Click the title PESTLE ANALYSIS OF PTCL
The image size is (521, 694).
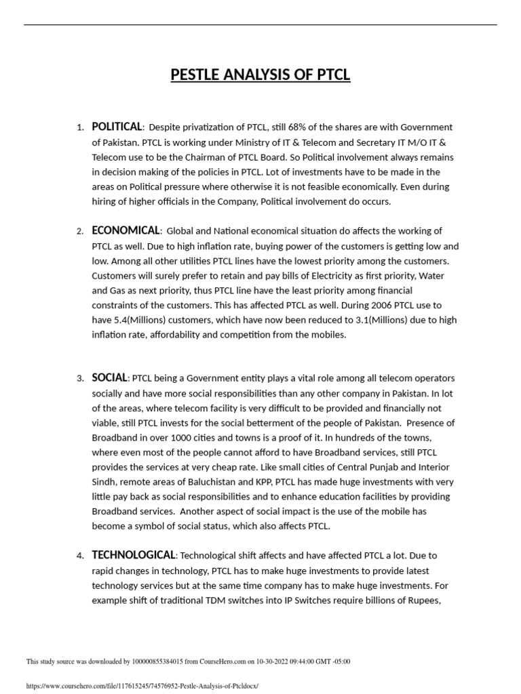click(260, 74)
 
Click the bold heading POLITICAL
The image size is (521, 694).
click(117, 127)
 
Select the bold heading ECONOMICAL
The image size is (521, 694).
click(126, 230)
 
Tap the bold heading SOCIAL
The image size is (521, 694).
click(109, 377)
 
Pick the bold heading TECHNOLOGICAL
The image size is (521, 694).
click(134, 555)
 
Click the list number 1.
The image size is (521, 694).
click(79, 127)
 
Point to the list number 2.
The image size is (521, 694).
click(79, 232)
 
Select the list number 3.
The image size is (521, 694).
click(79, 379)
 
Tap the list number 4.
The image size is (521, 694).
click(79, 556)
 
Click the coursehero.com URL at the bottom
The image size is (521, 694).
click(142, 686)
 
